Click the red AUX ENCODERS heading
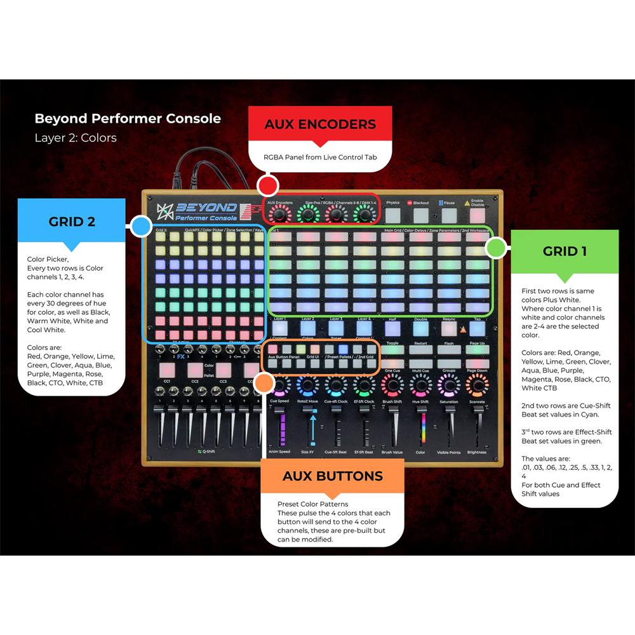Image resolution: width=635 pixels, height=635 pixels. [320, 124]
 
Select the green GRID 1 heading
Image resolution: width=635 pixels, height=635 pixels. [565, 251]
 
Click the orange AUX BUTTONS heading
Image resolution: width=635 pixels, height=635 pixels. [333, 476]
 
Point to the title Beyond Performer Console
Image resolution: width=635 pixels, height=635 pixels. [128, 118]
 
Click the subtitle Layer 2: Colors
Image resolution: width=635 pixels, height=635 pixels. [76, 137]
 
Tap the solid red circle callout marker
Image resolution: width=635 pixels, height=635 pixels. [268, 186]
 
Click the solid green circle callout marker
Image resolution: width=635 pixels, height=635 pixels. [496, 248]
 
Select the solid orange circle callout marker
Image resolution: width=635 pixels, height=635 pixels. [264, 382]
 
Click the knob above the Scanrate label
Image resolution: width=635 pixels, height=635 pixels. [476, 385]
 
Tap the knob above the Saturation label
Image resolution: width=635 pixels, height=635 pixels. [448, 385]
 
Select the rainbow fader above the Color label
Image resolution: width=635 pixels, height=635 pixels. [420, 429]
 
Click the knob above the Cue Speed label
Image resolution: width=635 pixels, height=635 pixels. [279, 385]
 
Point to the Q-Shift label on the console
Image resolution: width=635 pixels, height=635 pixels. [206, 451]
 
